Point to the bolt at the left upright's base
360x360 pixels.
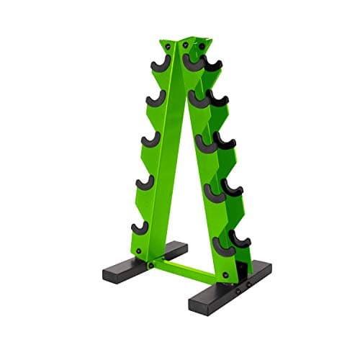pos(137,251)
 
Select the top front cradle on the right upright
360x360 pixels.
pos(193,63)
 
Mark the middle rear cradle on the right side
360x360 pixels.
pos(225,141)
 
